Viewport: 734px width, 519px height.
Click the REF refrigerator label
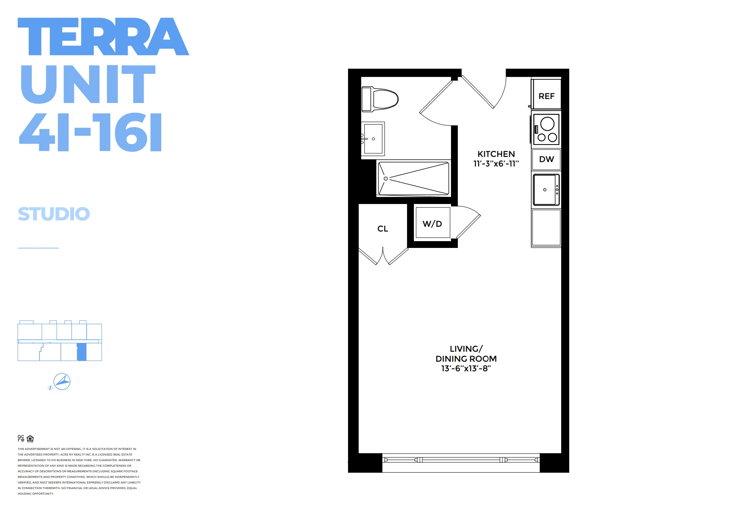click(x=546, y=96)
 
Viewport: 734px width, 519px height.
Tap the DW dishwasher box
click(x=546, y=159)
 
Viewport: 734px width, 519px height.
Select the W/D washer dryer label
click(x=432, y=224)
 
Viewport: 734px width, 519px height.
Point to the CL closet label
click(x=383, y=229)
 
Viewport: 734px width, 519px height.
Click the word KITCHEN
click(x=496, y=154)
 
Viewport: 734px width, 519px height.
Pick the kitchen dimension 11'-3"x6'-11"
click(x=496, y=164)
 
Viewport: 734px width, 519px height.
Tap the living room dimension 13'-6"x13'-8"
click(x=466, y=368)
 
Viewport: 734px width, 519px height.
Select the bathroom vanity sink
click(x=373, y=139)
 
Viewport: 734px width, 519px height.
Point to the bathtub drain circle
click(x=386, y=178)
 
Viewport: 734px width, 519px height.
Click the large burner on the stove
click(x=547, y=124)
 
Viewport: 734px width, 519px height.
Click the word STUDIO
click(x=54, y=214)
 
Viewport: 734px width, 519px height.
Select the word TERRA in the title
click(x=103, y=37)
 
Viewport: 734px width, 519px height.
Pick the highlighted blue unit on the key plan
click(x=81, y=352)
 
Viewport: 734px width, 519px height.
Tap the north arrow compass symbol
click(x=62, y=382)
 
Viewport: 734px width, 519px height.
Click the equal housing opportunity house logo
click(x=30, y=439)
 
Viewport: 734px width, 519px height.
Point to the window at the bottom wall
click(x=461, y=460)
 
